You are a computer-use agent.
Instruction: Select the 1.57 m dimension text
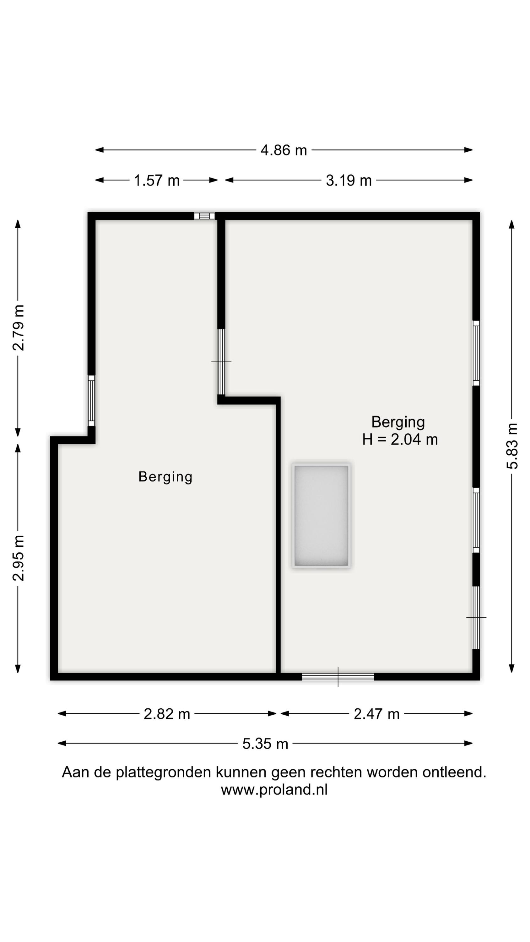(157, 181)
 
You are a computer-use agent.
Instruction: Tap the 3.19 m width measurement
(349, 181)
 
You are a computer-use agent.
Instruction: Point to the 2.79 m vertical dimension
(18, 328)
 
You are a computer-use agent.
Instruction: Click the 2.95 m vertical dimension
(18, 558)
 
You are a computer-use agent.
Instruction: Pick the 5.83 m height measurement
(512, 446)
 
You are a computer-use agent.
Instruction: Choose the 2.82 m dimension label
(167, 714)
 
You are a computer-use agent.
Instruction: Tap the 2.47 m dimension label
(376, 714)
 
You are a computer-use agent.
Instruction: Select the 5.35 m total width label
(265, 744)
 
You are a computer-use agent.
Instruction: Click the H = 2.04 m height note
(400, 440)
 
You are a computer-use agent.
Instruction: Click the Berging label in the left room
(165, 477)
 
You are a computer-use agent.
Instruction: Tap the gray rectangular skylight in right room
(321, 516)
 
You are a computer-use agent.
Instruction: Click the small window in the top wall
(204, 216)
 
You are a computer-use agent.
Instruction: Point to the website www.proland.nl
(274, 790)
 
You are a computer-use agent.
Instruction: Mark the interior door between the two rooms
(221, 362)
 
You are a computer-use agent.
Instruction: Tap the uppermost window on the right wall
(476, 353)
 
